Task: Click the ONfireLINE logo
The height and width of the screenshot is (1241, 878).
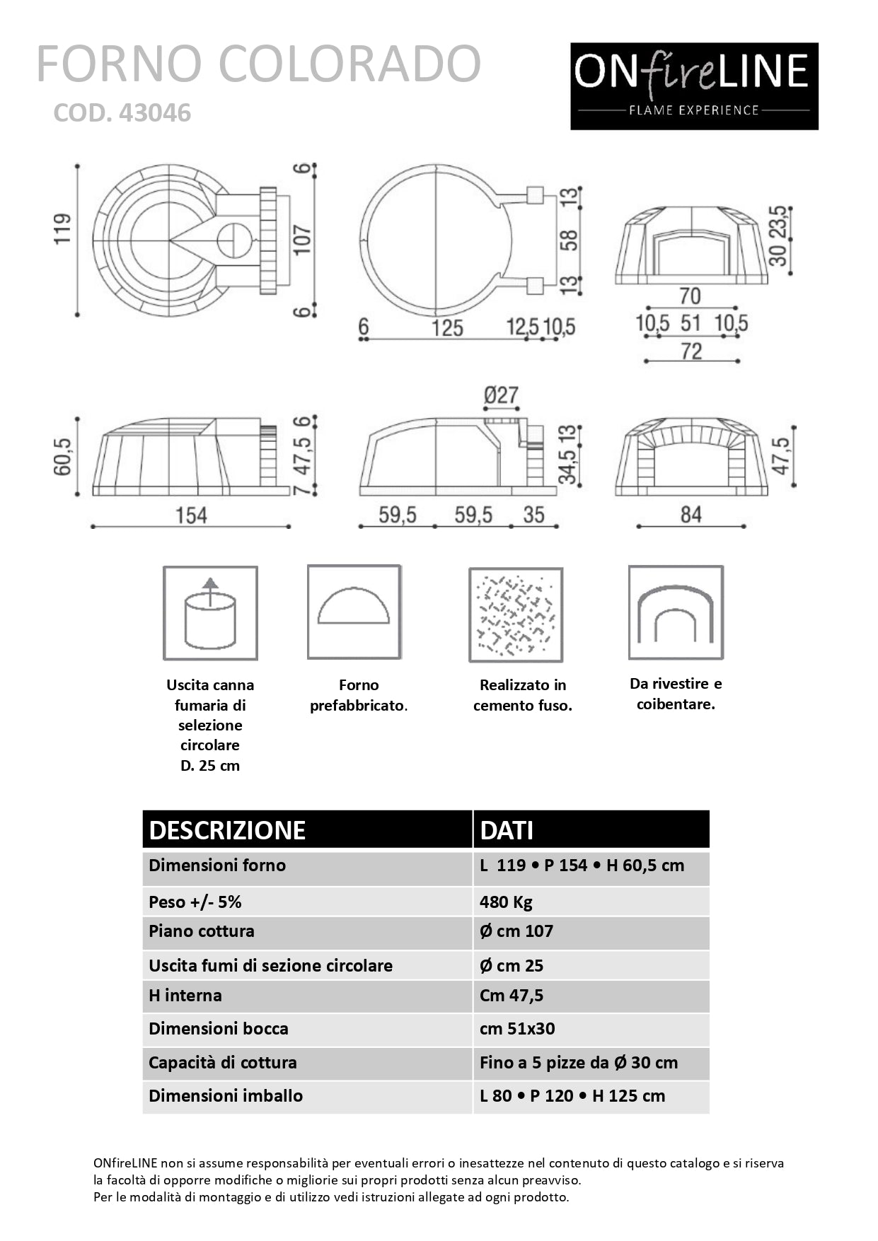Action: [694, 86]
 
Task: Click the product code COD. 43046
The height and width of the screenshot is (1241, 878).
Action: [122, 113]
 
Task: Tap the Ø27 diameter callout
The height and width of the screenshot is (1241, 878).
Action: [501, 395]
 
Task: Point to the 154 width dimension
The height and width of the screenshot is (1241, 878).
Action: [191, 515]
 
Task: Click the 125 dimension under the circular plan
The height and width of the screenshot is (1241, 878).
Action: [447, 328]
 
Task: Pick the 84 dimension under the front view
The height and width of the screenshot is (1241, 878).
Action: [691, 514]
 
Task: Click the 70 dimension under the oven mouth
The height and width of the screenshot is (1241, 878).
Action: [690, 296]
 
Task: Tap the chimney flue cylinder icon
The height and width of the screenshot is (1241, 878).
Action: [210, 613]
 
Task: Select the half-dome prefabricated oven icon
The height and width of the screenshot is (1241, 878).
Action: [354, 612]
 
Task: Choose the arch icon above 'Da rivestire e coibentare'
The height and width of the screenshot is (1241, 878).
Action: [676, 613]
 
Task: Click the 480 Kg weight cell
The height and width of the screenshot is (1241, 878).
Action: [506, 902]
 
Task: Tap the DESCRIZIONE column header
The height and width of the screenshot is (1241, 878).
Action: [227, 830]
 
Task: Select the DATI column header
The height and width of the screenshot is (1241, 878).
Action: [507, 830]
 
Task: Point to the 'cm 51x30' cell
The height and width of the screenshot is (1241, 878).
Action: [517, 1028]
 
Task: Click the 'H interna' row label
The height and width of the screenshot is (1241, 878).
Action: [185, 995]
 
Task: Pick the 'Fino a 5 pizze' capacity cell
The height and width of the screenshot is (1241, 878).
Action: [578, 1062]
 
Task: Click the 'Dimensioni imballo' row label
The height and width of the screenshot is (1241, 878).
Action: [226, 1095]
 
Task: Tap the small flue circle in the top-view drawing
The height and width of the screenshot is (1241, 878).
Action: [233, 240]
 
